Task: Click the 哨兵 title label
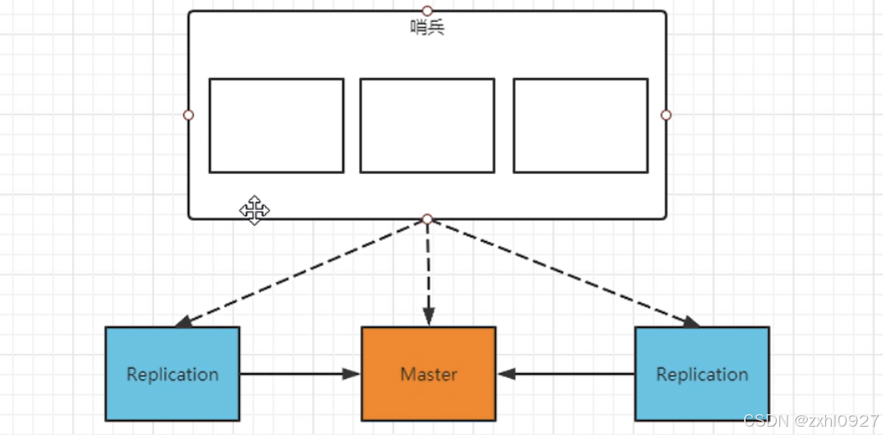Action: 427,28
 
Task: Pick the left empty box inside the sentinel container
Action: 276,125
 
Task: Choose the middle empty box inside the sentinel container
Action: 427,125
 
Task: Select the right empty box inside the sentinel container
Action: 580,125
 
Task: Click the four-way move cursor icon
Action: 254,210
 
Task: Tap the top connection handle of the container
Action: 427,11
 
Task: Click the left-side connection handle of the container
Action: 188,115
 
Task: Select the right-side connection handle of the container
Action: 666,115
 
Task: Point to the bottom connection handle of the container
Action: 427,219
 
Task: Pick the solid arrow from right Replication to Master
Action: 566,374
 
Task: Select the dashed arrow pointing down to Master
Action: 428,272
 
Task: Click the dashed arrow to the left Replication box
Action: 301,272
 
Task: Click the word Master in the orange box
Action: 429,374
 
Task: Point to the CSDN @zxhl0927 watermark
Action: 810,421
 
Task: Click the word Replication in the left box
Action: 172,374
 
